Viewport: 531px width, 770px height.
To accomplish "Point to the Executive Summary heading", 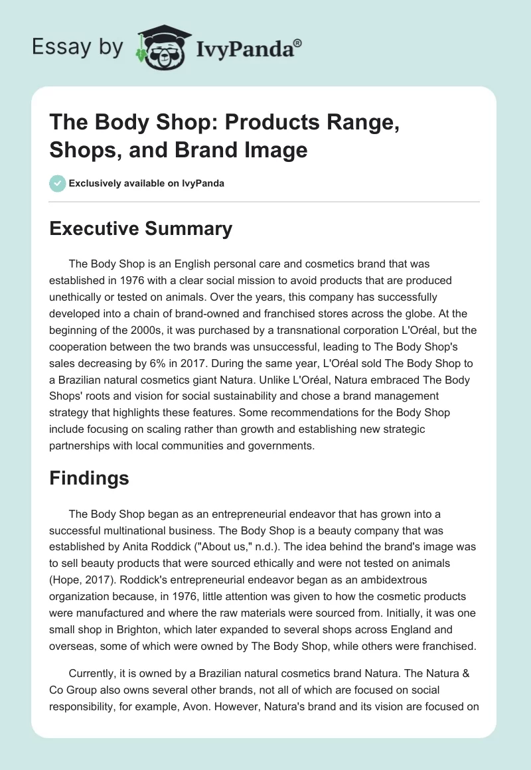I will click(141, 229).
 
